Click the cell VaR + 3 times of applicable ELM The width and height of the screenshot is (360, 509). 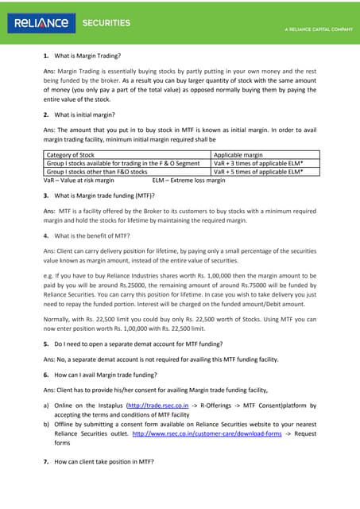(259, 163)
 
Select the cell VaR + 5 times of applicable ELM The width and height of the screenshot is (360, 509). (259, 171)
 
